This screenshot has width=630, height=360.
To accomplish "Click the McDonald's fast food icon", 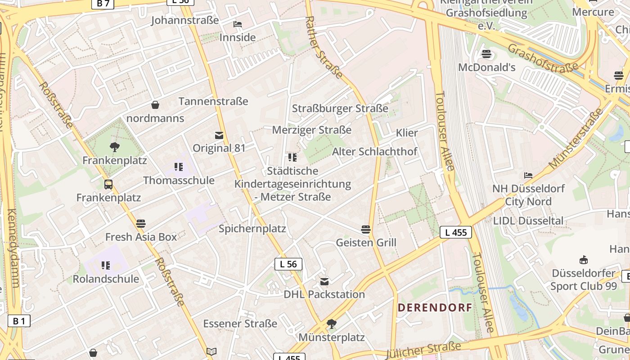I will pyautogui.click(x=486, y=54).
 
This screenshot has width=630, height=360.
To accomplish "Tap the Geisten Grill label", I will pyautogui.click(x=366, y=243).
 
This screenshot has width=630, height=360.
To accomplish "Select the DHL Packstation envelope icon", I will pyautogui.click(x=324, y=282).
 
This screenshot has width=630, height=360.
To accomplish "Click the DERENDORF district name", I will pyautogui.click(x=435, y=308).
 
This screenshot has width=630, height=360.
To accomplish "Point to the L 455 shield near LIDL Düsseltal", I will pyautogui.click(x=455, y=232).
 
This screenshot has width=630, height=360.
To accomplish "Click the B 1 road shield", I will pyautogui.click(x=19, y=321).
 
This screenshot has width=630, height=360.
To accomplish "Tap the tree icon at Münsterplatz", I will pyautogui.click(x=332, y=324).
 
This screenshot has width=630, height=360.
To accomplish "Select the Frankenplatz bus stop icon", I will pyautogui.click(x=108, y=184).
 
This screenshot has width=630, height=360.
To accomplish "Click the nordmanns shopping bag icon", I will pyautogui.click(x=155, y=105).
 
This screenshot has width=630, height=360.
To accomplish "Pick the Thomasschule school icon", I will pyautogui.click(x=179, y=167).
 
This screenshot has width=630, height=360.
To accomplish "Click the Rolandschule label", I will pyautogui.click(x=106, y=279).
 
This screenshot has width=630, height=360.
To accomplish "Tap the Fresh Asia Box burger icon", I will pyautogui.click(x=141, y=223).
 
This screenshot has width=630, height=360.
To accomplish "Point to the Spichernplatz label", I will pyautogui.click(x=252, y=229).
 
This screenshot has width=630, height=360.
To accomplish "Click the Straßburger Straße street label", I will pyautogui.click(x=340, y=108).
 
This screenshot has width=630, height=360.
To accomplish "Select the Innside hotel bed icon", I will pyautogui.click(x=238, y=24).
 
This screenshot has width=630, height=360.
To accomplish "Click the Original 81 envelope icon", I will pyautogui.click(x=219, y=135).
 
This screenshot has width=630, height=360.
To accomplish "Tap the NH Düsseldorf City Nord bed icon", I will pyautogui.click(x=528, y=175).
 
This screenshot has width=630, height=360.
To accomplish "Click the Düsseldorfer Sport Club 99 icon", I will pyautogui.click(x=584, y=260).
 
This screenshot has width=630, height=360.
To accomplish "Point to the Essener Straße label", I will pyautogui.click(x=240, y=324).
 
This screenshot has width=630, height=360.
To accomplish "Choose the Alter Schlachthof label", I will pyautogui.click(x=374, y=152).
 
